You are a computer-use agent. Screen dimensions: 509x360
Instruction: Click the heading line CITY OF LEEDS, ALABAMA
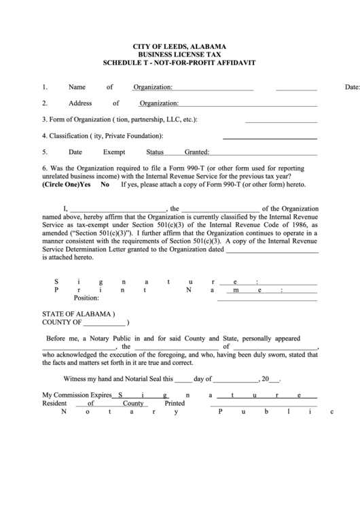179,46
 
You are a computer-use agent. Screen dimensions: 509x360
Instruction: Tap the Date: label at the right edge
352,88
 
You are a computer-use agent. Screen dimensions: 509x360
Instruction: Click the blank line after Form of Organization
281,120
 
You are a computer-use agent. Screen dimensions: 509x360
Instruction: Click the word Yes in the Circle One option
85,184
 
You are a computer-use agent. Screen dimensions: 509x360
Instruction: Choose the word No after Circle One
105,184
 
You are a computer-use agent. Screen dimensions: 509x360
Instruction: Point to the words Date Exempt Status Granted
139,152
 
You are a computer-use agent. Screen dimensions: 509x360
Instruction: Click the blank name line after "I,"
118,209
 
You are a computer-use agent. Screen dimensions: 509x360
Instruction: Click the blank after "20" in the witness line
275,379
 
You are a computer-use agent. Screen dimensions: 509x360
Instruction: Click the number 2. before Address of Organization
45,103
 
